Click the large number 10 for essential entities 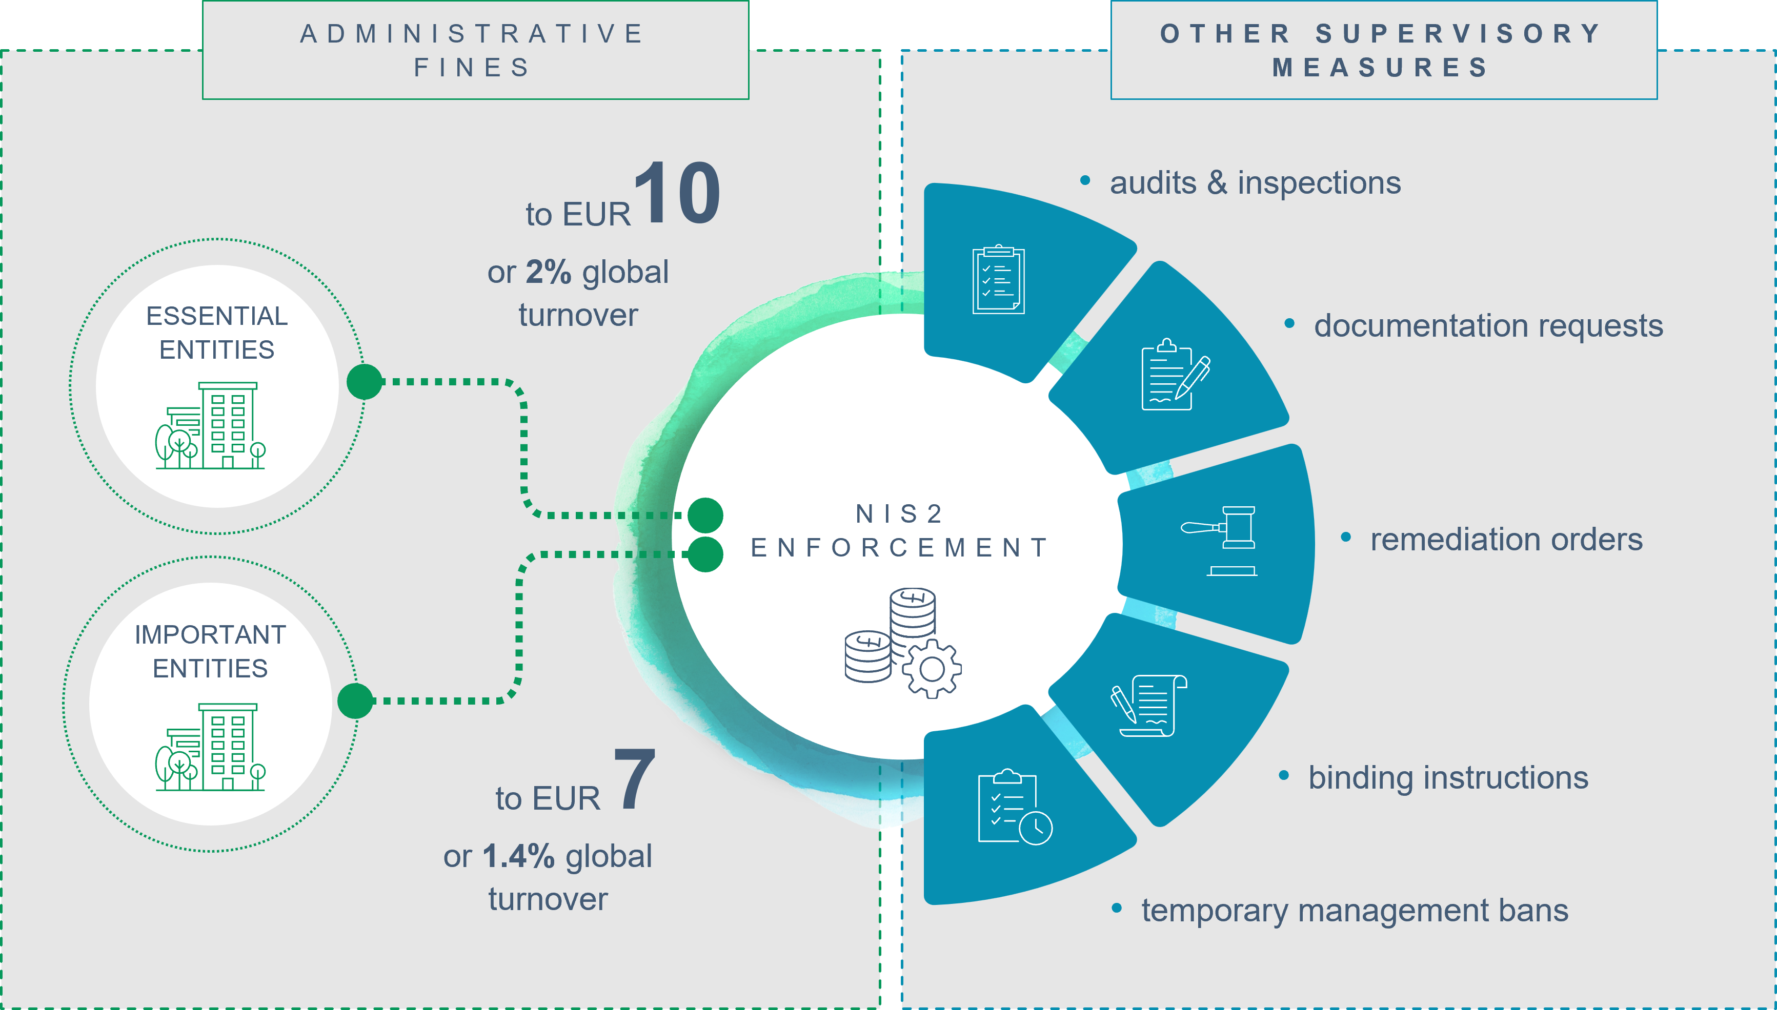click(x=677, y=192)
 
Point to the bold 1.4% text click(x=518, y=855)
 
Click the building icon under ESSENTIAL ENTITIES click(x=210, y=425)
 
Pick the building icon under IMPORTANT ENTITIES click(x=210, y=747)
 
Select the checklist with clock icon click(x=1015, y=807)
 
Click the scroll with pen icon click(x=1148, y=706)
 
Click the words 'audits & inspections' click(x=1255, y=183)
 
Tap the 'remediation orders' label click(x=1506, y=539)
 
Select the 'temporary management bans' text click(x=1355, y=911)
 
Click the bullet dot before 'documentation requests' click(x=1289, y=323)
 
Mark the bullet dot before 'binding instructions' click(x=1284, y=775)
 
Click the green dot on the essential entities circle click(x=365, y=382)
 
